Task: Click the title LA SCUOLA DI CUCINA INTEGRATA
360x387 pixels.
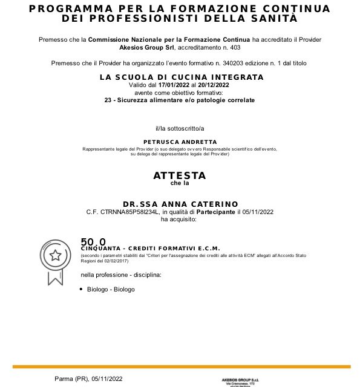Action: [x=182, y=77]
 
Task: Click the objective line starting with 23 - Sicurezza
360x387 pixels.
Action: [x=180, y=100]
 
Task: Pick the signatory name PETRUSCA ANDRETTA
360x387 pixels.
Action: [x=180, y=141]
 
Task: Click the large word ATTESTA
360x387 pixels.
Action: [x=180, y=175]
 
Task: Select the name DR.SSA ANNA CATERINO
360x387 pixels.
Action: [x=180, y=204]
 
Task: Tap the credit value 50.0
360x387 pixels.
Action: [x=93, y=242]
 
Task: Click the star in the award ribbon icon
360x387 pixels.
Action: [x=55, y=255]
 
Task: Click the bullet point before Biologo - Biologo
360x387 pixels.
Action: [x=81, y=289]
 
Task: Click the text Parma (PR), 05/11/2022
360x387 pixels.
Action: [x=89, y=379]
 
